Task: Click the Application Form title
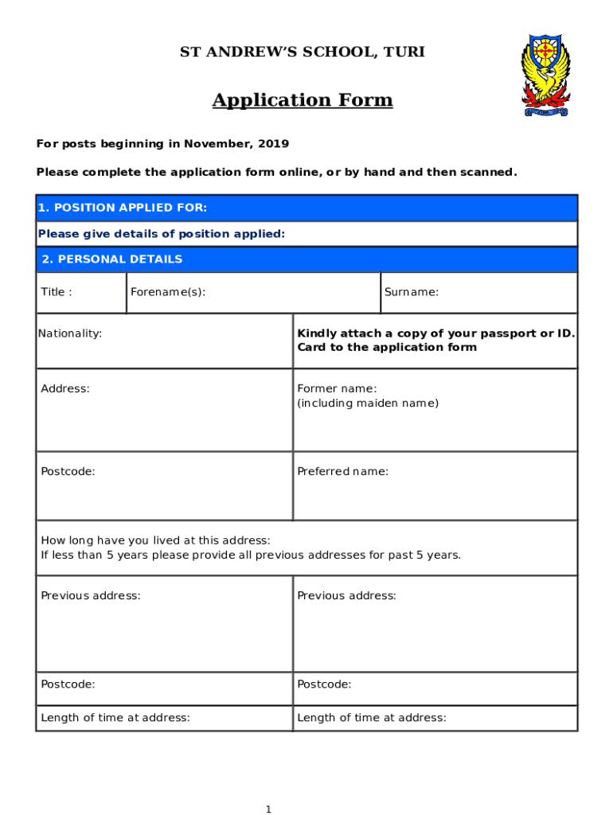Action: pos(302,100)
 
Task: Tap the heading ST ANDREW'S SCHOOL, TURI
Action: pos(302,53)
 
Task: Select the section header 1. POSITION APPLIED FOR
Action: pos(123,208)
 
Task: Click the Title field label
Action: pos(56,292)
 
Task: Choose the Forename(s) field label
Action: pos(168,292)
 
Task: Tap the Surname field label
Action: pos(411,292)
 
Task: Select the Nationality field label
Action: pos(70,333)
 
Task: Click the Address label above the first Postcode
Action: pos(65,388)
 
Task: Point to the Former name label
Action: pos(337,388)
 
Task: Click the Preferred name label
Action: pos(342,471)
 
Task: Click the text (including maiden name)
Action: pos(368,403)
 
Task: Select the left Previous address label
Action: pos(91,595)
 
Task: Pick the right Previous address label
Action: pos(346,595)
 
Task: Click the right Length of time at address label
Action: pos(371,717)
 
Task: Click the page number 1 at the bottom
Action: pos(268,809)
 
